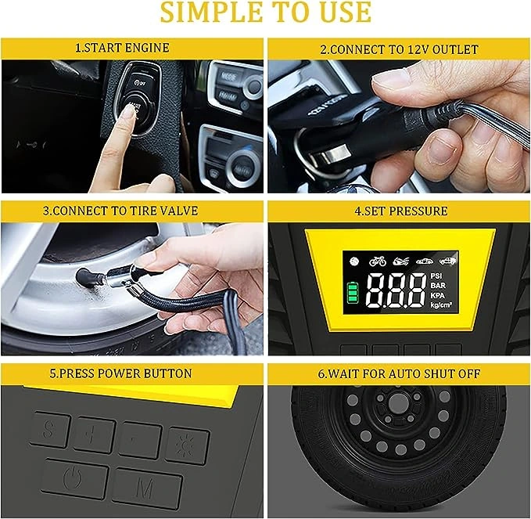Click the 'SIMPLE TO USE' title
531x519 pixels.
click(x=266, y=13)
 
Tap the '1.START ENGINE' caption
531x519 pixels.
click(x=122, y=48)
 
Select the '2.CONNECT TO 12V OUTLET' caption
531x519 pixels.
click(x=400, y=49)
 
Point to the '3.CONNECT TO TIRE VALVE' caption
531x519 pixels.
click(x=120, y=211)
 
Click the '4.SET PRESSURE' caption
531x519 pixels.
click(x=401, y=211)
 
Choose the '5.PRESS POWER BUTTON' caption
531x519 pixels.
click(x=121, y=373)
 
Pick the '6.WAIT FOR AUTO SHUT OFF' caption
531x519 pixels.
click(x=399, y=373)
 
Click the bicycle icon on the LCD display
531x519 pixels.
click(x=377, y=261)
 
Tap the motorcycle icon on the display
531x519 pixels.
click(x=401, y=261)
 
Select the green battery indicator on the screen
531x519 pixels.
click(x=352, y=292)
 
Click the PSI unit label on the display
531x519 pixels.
click(x=436, y=276)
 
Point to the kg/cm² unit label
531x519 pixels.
click(x=441, y=305)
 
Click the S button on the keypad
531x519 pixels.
click(x=49, y=430)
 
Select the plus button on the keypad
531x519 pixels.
click(x=94, y=435)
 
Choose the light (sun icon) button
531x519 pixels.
click(x=187, y=445)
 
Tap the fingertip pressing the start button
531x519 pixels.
click(x=127, y=111)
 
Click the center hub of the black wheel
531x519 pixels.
click(x=398, y=404)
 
